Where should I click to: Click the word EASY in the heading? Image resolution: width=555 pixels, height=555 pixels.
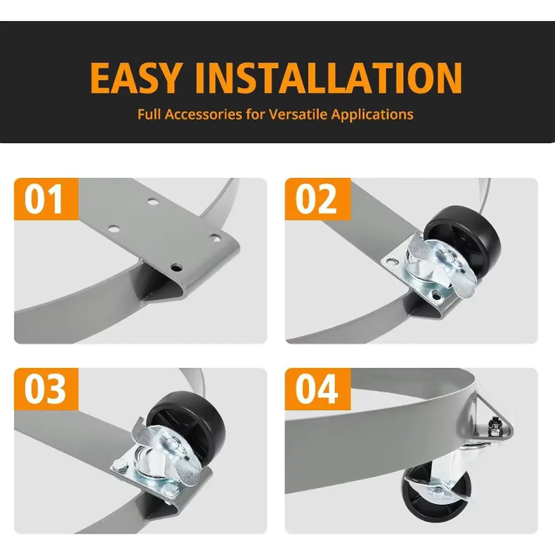pyautogui.click(x=134, y=78)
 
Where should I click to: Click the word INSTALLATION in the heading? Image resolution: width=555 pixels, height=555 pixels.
pyautogui.click(x=328, y=78)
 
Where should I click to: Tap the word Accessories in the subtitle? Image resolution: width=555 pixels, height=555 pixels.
pyautogui.click(x=204, y=114)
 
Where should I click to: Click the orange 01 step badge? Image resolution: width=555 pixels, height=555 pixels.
pyautogui.click(x=46, y=199)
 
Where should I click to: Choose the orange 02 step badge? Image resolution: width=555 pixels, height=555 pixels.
pyautogui.click(x=318, y=199)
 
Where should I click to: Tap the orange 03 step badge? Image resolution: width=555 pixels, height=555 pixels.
pyautogui.click(x=46, y=389)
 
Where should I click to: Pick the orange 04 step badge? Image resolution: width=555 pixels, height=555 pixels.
pyautogui.click(x=318, y=389)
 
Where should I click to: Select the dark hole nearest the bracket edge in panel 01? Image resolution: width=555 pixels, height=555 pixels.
pyautogui.click(x=176, y=267)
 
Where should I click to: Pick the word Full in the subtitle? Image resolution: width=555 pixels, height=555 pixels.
pyautogui.click(x=149, y=114)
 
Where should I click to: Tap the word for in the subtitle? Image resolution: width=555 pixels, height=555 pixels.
pyautogui.click(x=256, y=114)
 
